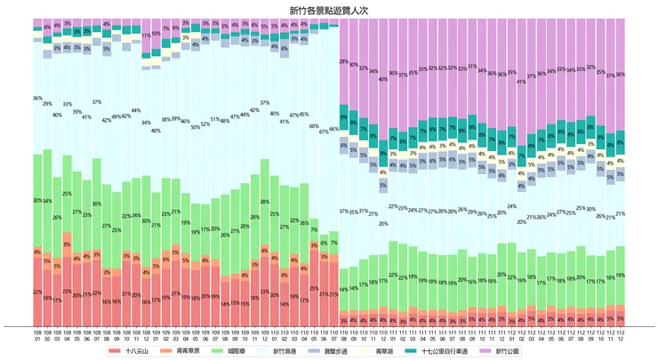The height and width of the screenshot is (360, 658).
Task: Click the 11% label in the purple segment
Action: pyautogui.click(x=146, y=36)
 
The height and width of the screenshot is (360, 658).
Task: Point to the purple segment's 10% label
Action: pyautogui.click(x=156, y=33)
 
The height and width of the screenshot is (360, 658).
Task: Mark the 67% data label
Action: pyautogui.click(x=324, y=130)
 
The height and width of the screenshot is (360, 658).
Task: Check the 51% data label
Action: pyautogui.click(x=215, y=119)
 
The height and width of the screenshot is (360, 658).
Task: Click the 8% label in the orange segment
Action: pyautogui.click(x=68, y=244)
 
